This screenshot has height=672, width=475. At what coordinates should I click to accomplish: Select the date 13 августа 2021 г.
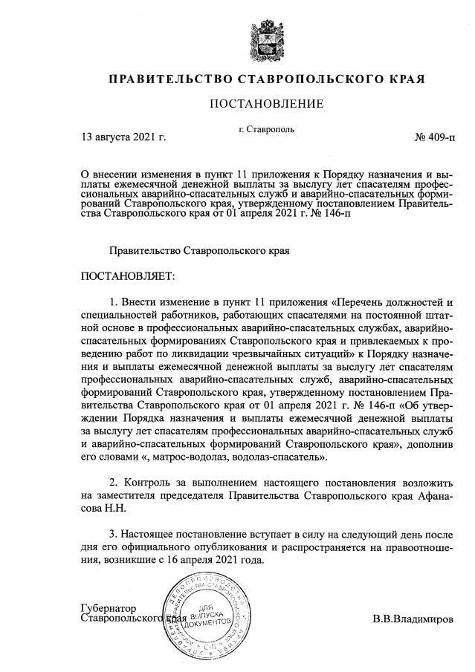123,137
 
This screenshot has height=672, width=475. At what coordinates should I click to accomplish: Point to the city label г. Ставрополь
266,128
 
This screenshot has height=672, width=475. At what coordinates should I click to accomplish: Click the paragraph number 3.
113,535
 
